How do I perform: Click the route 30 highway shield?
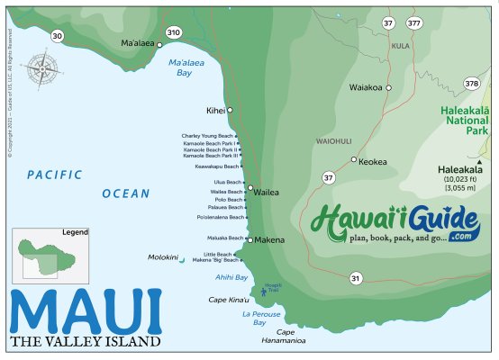click(59, 36)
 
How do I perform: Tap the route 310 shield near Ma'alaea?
click(174, 32)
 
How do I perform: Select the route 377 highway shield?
click(413, 22)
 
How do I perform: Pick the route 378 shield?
click(471, 84)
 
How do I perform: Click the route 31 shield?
click(356, 278)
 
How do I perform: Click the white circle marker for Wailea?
click(249, 191)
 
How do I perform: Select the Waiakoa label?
click(366, 87)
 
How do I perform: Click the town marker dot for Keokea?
click(354, 159)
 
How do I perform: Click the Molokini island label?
click(163, 257)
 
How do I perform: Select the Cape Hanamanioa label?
click(285, 337)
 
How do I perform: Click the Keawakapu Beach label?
click(217, 166)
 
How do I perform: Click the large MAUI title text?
click(86, 311)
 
